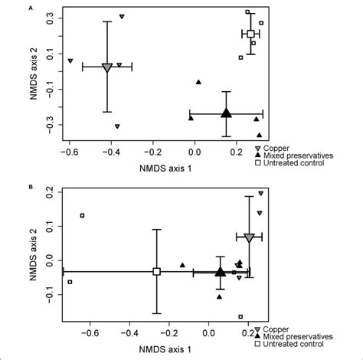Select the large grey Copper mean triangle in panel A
pos(107,67)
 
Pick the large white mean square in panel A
pos(250,34)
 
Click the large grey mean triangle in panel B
pos(249,238)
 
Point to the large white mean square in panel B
pos(156,271)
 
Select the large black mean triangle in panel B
pos(221,271)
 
